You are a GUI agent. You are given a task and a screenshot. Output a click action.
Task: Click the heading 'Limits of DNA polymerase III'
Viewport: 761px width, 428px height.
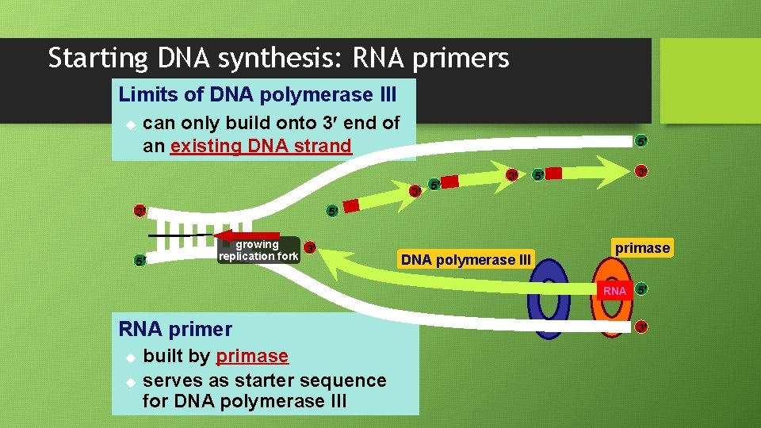pos(257,95)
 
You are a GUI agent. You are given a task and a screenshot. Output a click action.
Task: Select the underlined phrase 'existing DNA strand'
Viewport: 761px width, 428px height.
pos(260,146)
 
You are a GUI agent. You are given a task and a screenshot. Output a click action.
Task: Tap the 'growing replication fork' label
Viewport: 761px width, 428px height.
pos(258,250)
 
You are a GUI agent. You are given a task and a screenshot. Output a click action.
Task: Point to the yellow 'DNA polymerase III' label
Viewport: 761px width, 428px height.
pos(466,260)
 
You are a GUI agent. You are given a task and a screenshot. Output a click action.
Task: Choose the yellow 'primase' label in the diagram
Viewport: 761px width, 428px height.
pos(642,248)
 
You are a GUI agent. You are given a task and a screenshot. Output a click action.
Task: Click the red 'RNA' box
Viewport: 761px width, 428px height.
pos(614,291)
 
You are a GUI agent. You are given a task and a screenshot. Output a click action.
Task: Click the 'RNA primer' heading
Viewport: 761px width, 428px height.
pos(175,329)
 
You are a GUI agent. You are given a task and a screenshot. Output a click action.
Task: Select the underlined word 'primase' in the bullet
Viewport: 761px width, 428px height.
pos(252,357)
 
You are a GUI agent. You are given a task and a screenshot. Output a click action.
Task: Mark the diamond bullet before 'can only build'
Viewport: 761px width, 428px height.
pos(131,125)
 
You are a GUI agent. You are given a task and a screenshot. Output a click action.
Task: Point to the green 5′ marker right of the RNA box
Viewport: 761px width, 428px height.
pos(642,290)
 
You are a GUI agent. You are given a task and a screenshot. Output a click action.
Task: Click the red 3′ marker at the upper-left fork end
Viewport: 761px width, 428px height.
pos(140,211)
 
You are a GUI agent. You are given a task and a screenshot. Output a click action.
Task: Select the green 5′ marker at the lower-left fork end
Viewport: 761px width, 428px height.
pos(140,260)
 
